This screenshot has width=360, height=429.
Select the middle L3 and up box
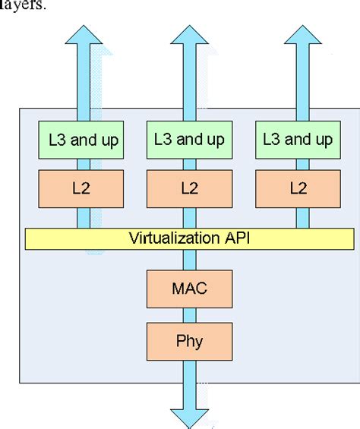click(189, 140)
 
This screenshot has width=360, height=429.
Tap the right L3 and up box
click(297, 140)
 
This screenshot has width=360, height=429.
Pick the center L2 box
click(189, 188)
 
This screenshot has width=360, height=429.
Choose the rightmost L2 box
click(297, 188)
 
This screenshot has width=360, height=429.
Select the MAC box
click(189, 288)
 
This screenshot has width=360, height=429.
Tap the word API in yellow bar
click(230, 238)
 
